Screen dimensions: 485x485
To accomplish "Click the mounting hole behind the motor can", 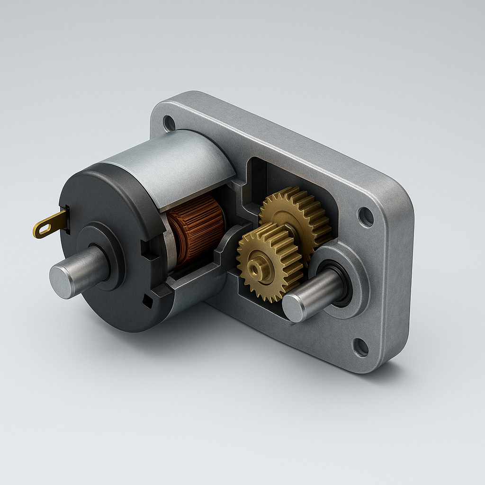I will click(169, 123).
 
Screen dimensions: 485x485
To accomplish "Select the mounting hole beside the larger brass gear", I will click(366, 217).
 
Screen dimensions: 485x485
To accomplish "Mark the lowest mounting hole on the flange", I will click(360, 347).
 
